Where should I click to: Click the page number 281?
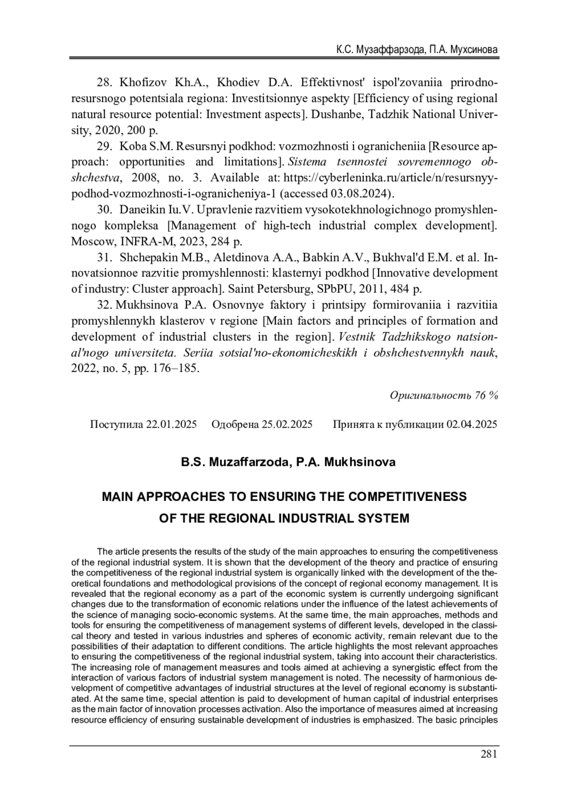coord(488,754)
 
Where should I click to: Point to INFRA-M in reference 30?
coord(141,241)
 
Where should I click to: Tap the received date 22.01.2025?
coord(171,424)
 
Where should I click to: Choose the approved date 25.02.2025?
coord(287,424)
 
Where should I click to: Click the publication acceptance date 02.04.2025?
coord(471,424)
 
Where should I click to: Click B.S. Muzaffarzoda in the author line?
coord(233,462)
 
